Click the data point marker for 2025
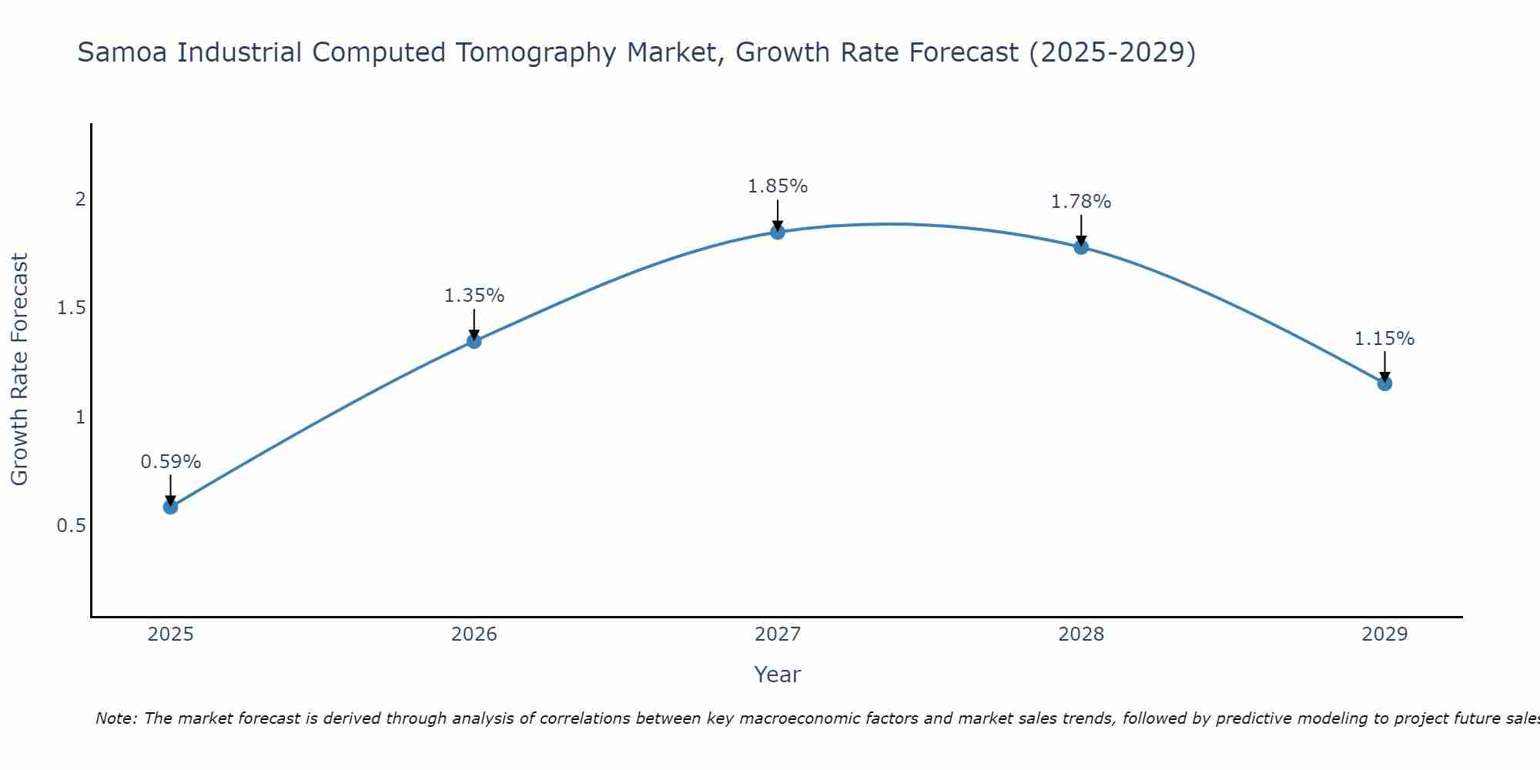click(x=170, y=507)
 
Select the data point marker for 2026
click(x=474, y=341)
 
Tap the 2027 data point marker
click(x=778, y=232)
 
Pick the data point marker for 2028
click(x=1081, y=247)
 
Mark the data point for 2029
click(x=1384, y=383)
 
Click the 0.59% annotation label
click(x=170, y=462)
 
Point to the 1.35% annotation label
click(x=474, y=296)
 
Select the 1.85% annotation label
click(x=778, y=186)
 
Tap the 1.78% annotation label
click(x=1081, y=202)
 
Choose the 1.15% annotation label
click(x=1384, y=339)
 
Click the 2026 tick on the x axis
click(x=474, y=634)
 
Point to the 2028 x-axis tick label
click(x=1081, y=634)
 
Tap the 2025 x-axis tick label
click(x=170, y=634)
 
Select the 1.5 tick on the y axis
click(x=71, y=309)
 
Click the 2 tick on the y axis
click(x=79, y=199)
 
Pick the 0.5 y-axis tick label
click(x=71, y=526)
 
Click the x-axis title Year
click(x=778, y=675)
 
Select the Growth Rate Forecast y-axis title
click(x=19, y=370)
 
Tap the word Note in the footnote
click(x=115, y=718)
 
